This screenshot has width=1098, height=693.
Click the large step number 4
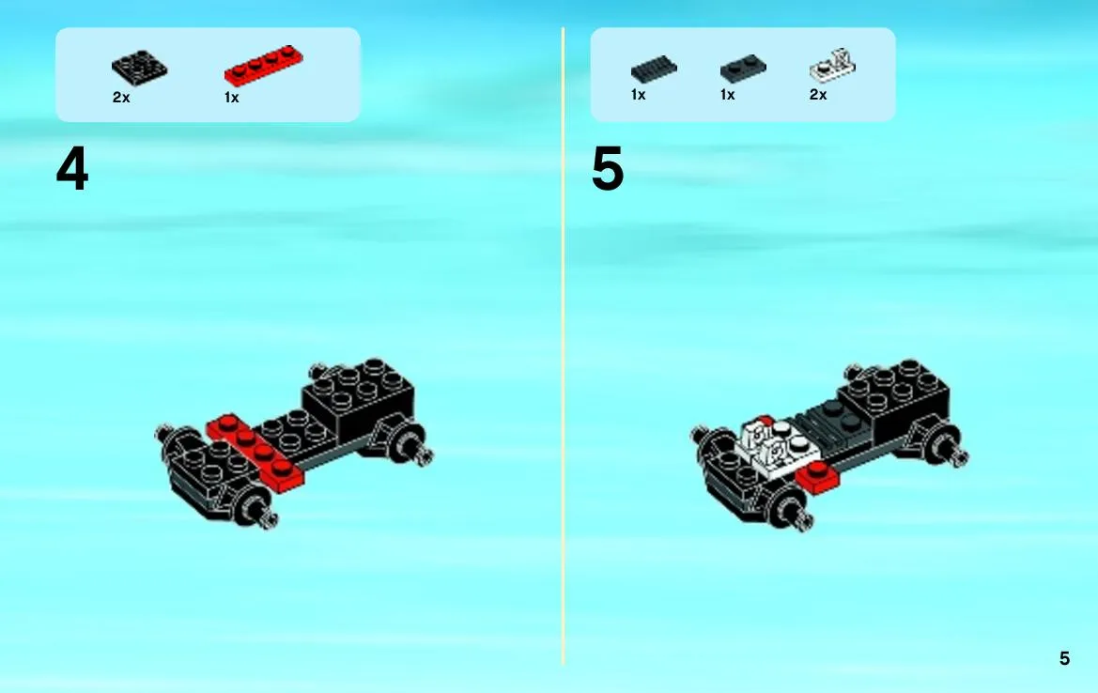[72, 169]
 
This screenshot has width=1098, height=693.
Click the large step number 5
[607, 169]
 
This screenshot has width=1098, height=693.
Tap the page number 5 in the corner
[1064, 658]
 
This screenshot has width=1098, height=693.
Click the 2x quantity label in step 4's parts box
[121, 98]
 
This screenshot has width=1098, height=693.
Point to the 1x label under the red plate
[232, 98]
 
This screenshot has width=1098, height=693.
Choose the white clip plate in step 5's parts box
[832, 65]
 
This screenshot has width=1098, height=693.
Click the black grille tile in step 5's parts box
[654, 69]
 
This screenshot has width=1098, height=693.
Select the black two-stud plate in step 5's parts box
[743, 68]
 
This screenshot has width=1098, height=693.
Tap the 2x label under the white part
[818, 95]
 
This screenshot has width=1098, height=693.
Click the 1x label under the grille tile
[638, 95]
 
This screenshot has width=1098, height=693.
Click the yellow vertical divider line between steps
[563, 346]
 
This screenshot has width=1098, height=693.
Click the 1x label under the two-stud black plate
[728, 95]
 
